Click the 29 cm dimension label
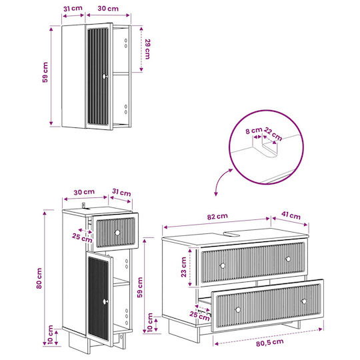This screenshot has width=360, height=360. coord(147,49)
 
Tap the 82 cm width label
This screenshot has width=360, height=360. coord(217,216)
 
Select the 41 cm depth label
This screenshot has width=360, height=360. coord(291,215)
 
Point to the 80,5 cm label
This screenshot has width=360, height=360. coord(270,343)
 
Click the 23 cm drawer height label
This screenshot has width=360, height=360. coord(184,267)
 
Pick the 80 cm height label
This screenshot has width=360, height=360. coord(39,278)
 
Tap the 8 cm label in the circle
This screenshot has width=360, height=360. coord(254,131)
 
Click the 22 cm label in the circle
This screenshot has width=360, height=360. coord(273,134)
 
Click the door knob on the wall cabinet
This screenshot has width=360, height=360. coord(105,76)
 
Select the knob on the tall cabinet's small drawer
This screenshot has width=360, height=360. coord(117,233)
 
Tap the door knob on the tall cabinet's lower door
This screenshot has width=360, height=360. coord(105,301)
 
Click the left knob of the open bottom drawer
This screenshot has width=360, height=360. coord(238,310)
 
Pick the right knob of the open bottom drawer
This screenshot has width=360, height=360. coord(304,301)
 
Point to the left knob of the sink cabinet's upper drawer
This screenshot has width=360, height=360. coord(223,265)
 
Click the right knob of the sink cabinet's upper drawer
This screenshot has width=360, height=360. coord(288,259)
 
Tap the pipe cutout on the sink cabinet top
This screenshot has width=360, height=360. coord(231,234)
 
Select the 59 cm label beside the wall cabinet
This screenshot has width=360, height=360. coord(45,72)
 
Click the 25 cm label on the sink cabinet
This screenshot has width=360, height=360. coord(199,316)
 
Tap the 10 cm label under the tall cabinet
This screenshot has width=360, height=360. coord(51,334)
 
